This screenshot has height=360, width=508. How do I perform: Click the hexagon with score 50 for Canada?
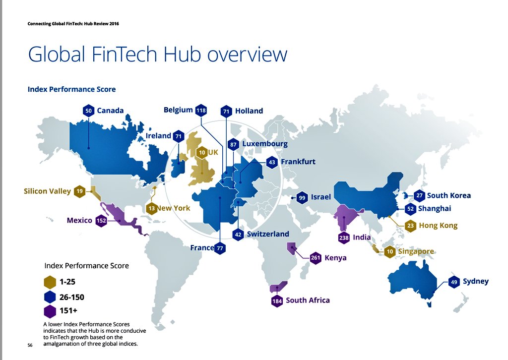88,111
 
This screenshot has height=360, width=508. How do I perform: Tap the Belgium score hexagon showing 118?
201,110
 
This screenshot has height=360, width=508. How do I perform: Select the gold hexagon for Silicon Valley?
80,191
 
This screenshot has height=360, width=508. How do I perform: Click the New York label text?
174,208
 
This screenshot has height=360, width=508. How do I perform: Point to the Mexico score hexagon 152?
101,221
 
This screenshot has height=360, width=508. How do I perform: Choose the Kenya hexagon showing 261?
315,258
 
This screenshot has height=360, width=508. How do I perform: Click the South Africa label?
308,300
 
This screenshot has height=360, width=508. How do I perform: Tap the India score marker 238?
344,238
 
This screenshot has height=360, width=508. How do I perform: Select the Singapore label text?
416,252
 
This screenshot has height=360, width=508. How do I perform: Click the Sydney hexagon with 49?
453,282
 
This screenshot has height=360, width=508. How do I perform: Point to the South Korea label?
448,195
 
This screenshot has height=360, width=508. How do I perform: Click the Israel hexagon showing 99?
302,197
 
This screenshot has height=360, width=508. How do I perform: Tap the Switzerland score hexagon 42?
238,235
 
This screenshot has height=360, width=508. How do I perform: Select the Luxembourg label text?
265,144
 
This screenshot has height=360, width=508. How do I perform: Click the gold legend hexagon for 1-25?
50,283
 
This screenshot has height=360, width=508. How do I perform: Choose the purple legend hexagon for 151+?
50,312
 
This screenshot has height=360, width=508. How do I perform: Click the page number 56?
30,345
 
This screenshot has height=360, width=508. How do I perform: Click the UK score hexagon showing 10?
201,152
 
